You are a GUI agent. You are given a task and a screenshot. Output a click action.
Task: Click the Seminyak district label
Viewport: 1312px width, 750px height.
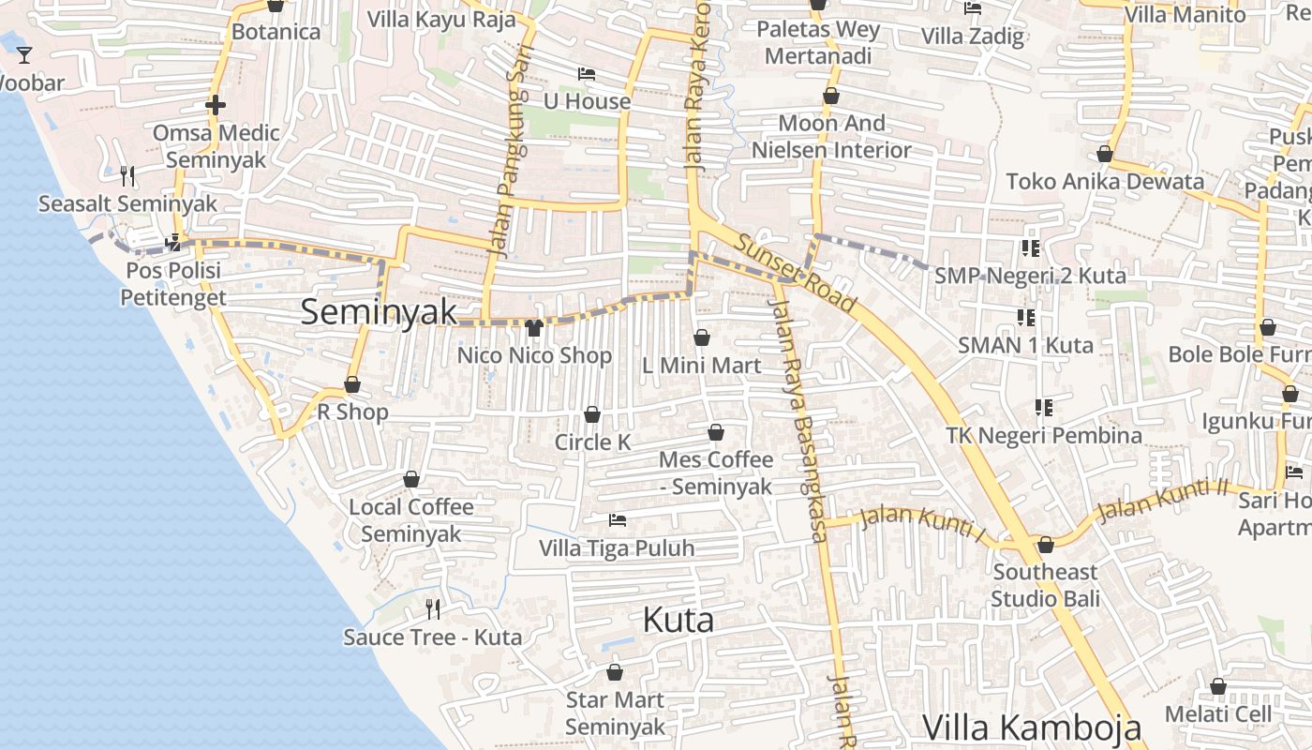pos(379,312)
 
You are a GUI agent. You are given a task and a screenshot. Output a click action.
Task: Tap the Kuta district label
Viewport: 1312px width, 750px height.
pos(678,620)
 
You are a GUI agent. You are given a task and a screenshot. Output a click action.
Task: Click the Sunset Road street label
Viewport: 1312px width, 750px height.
pos(795,273)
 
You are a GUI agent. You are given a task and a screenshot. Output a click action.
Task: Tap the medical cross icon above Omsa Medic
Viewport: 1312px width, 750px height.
pos(216,105)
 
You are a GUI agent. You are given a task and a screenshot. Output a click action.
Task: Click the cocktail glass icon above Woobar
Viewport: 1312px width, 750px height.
pos(24,55)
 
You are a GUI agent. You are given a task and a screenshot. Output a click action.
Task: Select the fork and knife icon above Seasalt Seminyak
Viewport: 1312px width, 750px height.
pos(127,175)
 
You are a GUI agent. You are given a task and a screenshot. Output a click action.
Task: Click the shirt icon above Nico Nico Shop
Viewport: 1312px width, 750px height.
pos(534,327)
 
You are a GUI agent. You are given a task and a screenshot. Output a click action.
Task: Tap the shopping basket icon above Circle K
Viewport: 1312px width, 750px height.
pos(592,414)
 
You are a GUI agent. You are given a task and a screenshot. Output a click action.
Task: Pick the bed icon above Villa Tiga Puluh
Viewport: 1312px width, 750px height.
pos(617,519)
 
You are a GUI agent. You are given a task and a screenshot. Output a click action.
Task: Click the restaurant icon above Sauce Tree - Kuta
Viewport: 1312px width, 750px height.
pos(433,609)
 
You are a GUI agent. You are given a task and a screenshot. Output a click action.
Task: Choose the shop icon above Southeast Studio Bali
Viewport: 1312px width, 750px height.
pos(1046,545)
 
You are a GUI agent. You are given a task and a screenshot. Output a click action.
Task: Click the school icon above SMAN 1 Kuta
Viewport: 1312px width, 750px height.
pos(1025,318)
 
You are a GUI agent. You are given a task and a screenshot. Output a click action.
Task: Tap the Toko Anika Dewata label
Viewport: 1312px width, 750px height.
pos(1105,181)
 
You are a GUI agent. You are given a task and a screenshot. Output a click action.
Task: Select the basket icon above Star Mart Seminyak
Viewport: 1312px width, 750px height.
pos(615,672)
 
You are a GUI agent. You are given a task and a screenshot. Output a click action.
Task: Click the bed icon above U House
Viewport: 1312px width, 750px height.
pos(587,73)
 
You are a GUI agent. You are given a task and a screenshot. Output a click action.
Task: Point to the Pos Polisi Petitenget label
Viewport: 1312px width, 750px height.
pos(173,284)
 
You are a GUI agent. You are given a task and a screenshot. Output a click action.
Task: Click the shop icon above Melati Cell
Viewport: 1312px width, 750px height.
pos(1218,687)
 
